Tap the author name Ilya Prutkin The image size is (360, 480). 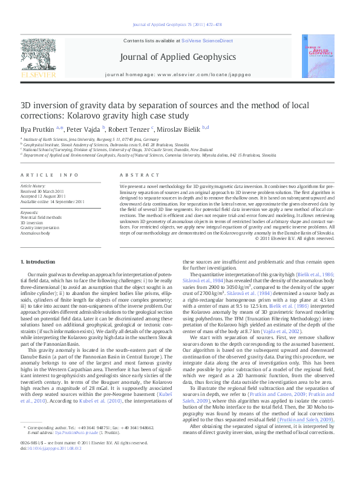click(x=38, y=129)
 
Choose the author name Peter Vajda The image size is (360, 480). click(x=83, y=129)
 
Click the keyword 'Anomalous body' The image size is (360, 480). click(x=36, y=232)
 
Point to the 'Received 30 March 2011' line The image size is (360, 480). click(x=45, y=191)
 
